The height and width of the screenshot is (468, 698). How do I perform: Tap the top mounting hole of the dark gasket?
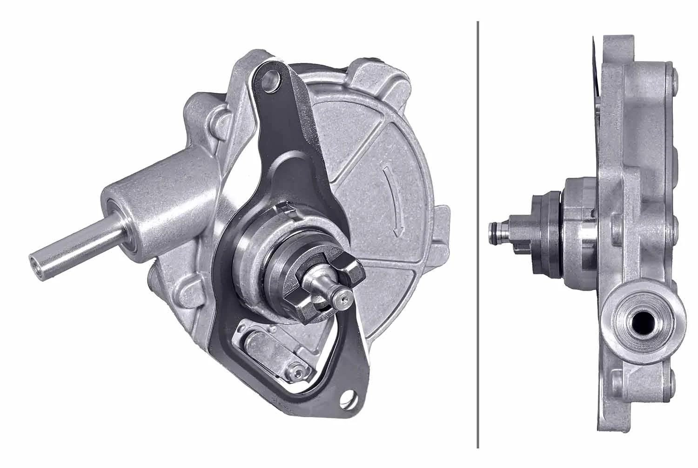[269, 80]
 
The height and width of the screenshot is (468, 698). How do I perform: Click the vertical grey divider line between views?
[478, 233]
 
